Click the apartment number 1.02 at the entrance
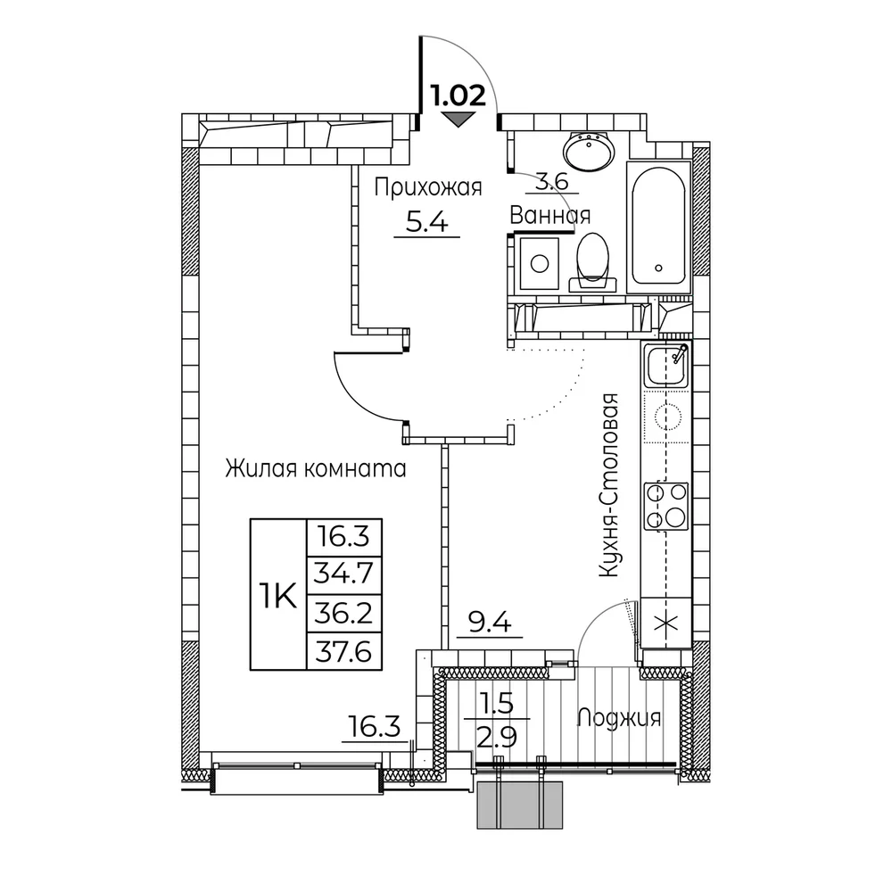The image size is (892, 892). pos(458,96)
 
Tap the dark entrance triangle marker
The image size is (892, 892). pos(458,120)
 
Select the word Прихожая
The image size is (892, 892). pos(428,187)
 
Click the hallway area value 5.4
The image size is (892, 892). pos(427,222)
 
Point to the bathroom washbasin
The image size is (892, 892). pos(590,152)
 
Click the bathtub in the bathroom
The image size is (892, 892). pos(658,227)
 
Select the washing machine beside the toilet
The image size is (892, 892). pos(539,263)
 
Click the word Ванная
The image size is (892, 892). pos(550,216)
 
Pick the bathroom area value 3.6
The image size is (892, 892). pos(552,182)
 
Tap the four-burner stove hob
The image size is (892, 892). pos(666,505)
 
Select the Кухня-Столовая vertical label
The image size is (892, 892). pos(608,486)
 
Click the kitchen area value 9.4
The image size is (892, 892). pos(490,624)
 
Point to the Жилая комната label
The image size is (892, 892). pos(316,469)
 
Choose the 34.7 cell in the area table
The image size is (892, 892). pos(344,574)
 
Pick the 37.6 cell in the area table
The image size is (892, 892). pos(344,651)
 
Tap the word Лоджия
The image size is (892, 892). pos(619,718)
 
